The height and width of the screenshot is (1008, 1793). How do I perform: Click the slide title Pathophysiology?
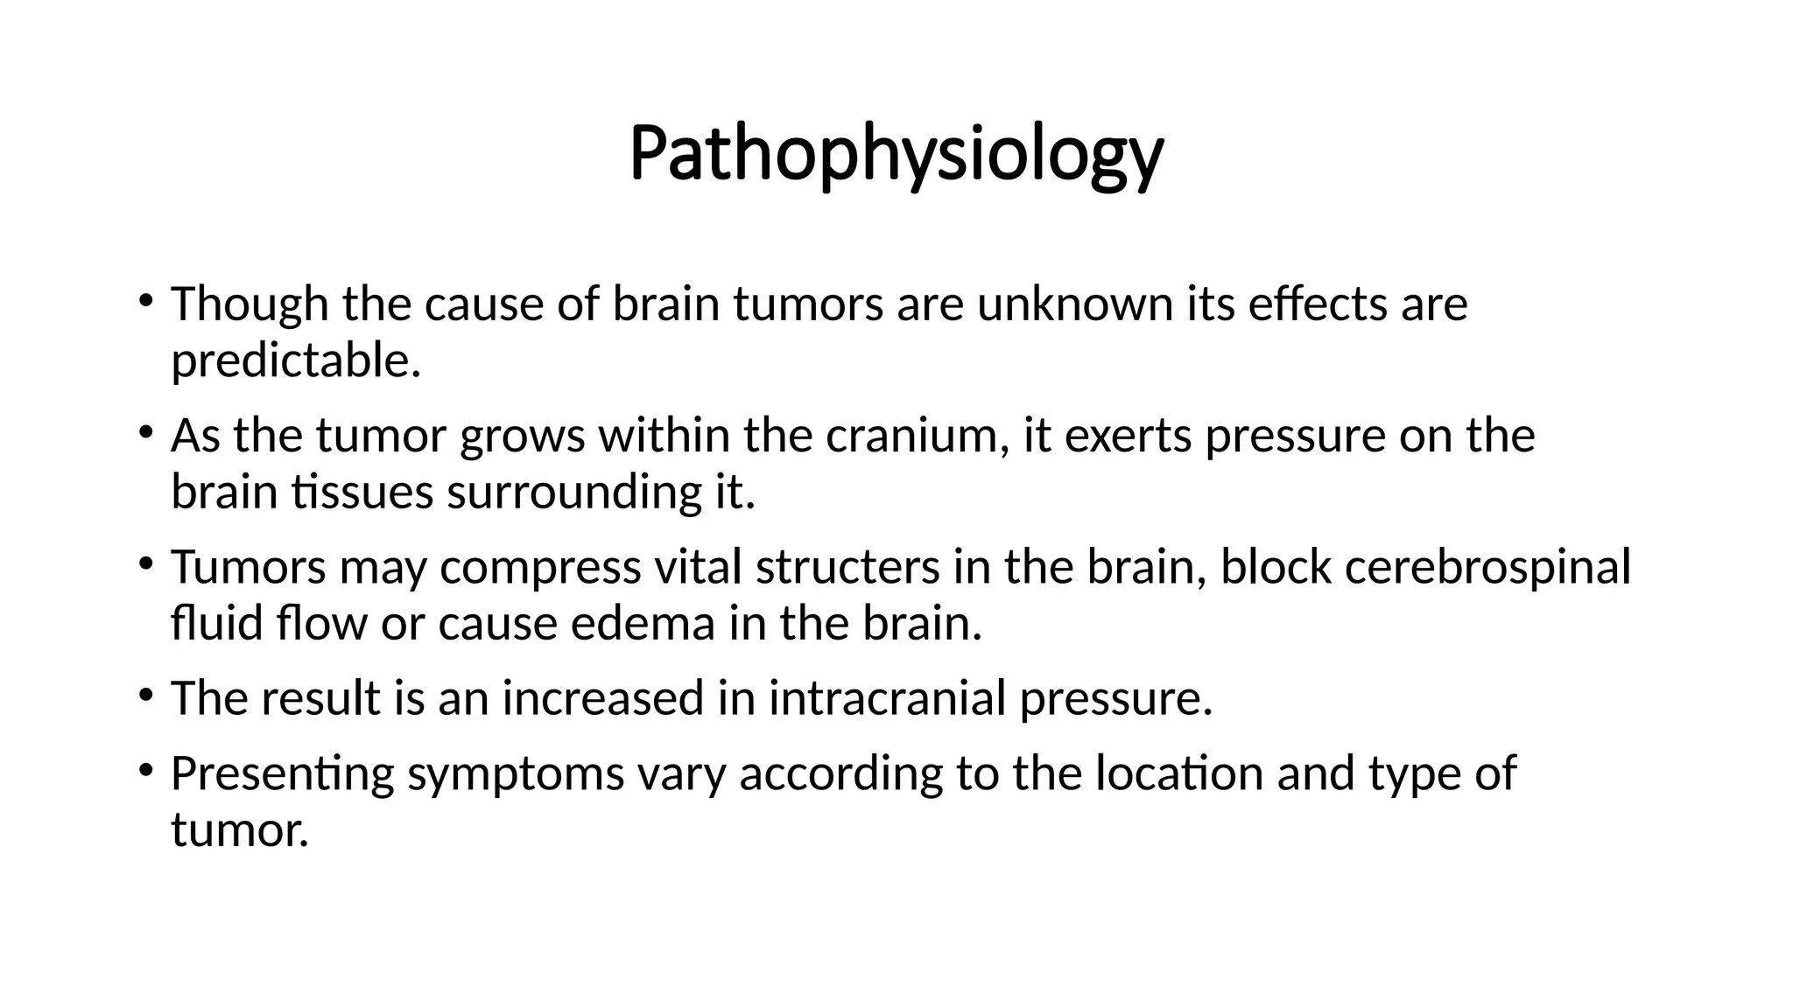tap(896, 155)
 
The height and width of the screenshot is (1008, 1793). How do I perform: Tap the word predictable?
tap(295, 360)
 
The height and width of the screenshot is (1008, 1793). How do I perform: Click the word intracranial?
tap(887, 698)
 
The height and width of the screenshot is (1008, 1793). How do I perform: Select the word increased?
tap(602, 698)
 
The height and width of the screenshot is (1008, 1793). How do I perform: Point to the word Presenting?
tap(282, 773)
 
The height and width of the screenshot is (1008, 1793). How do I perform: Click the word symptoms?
tap(516, 773)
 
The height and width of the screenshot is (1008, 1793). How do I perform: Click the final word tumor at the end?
tap(239, 829)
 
